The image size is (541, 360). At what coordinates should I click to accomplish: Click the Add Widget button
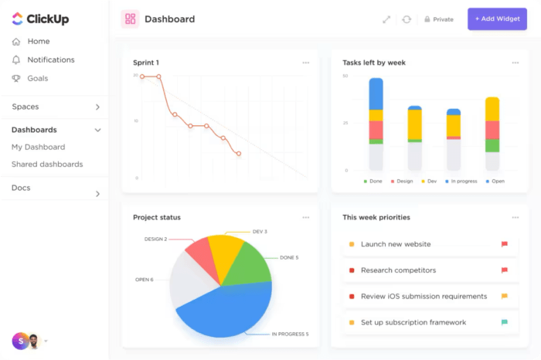pyautogui.click(x=497, y=19)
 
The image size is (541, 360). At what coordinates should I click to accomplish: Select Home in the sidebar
pyautogui.click(x=38, y=42)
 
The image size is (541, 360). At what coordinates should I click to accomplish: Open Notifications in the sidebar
pyautogui.click(x=50, y=59)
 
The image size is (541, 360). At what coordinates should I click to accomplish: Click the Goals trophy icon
pyautogui.click(x=16, y=78)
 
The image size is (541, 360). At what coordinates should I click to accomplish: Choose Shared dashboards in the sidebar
pyautogui.click(x=47, y=164)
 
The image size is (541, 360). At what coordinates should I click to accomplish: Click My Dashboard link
pyautogui.click(x=38, y=147)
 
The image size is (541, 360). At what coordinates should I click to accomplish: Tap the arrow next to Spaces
pyautogui.click(x=97, y=107)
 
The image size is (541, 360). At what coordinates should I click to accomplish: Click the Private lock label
pyautogui.click(x=438, y=19)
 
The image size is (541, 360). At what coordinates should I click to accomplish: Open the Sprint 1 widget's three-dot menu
pyautogui.click(x=306, y=63)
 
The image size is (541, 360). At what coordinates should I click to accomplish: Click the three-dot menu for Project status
pyautogui.click(x=306, y=218)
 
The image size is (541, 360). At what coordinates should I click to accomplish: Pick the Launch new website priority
pyautogui.click(x=396, y=244)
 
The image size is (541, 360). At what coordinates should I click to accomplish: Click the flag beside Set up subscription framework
pyautogui.click(x=505, y=322)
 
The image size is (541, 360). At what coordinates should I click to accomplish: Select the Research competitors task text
pyautogui.click(x=398, y=270)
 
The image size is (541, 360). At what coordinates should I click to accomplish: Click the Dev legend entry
pyautogui.click(x=428, y=181)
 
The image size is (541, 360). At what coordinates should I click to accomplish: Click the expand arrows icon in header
pyautogui.click(x=386, y=19)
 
